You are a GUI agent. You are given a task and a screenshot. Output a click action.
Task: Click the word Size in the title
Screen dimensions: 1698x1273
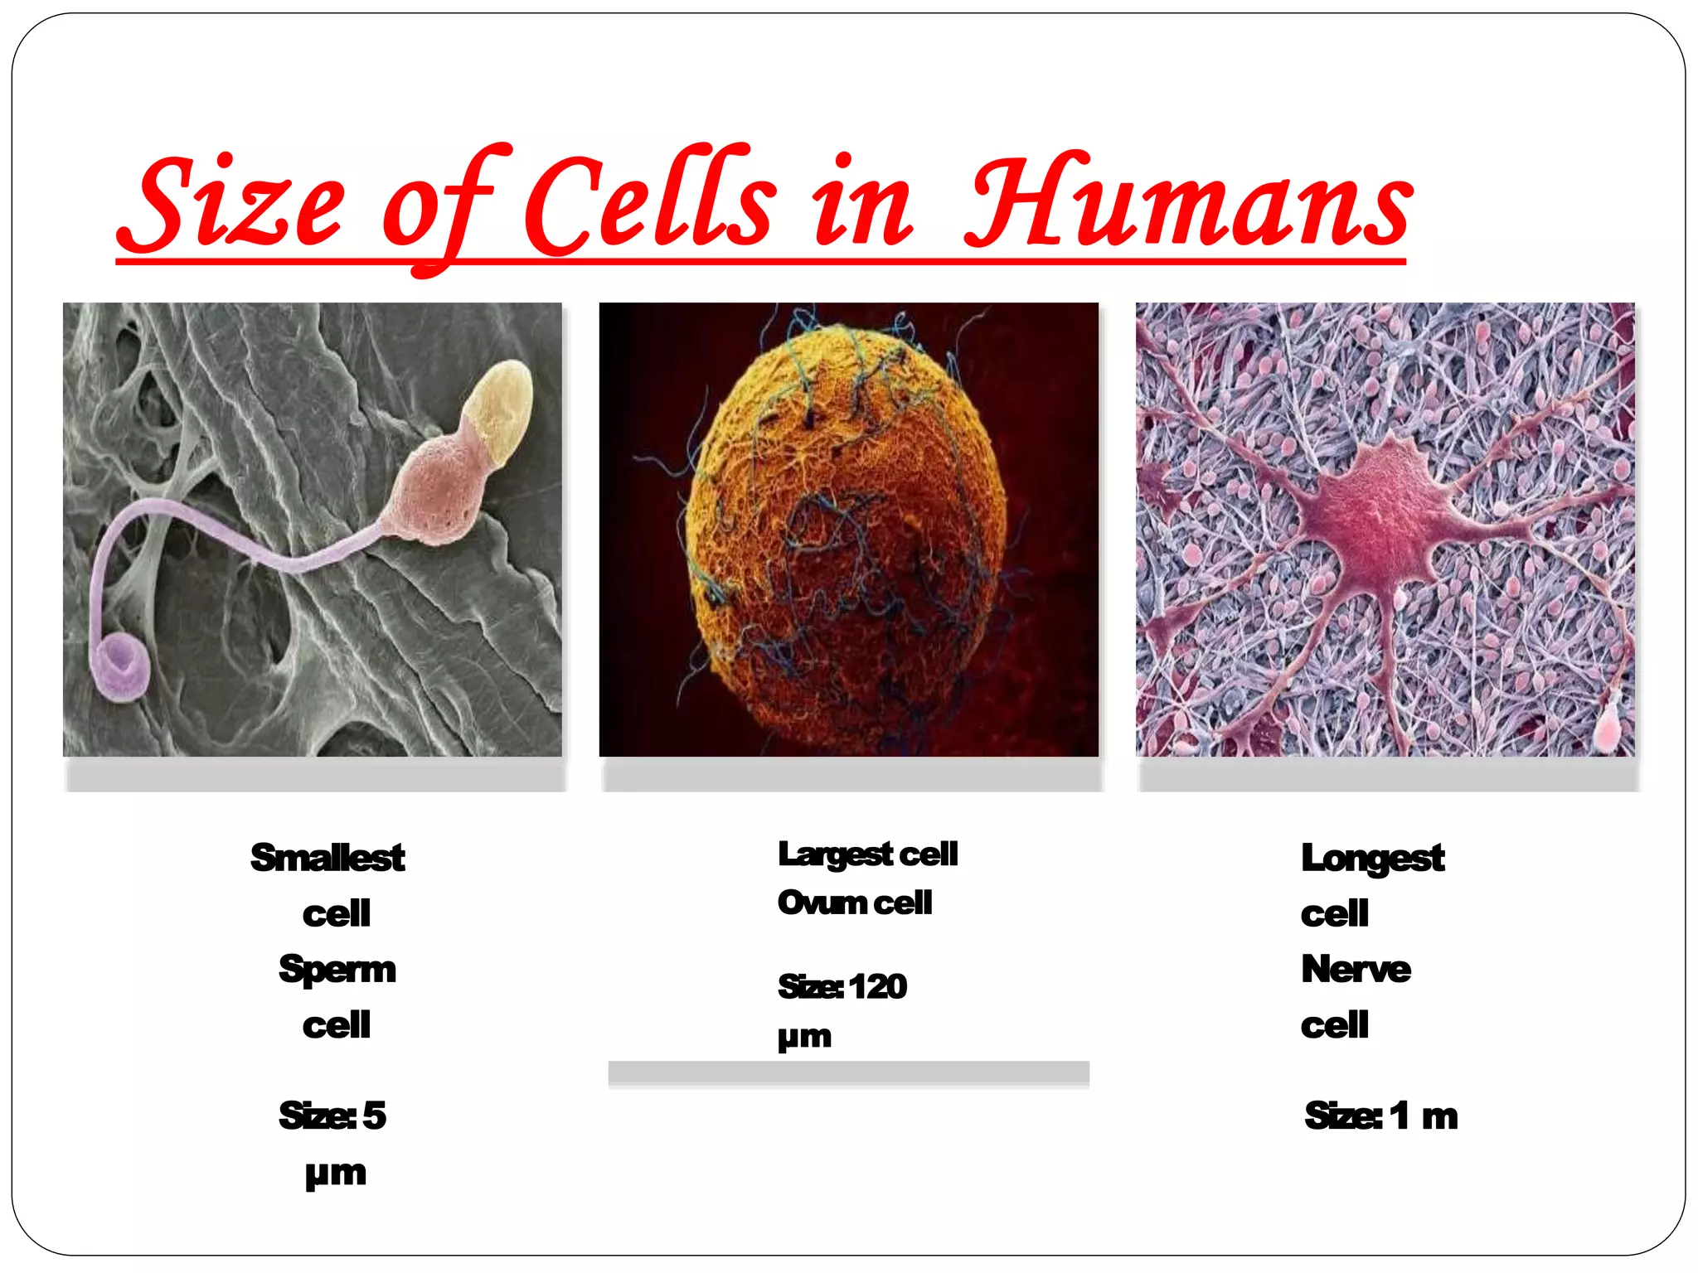coord(230,203)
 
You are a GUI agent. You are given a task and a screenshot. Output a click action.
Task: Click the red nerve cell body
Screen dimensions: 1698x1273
coord(1376,518)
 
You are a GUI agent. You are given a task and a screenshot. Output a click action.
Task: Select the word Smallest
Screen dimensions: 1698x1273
coord(327,858)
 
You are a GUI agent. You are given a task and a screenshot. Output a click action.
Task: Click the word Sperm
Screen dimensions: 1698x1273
coord(337,970)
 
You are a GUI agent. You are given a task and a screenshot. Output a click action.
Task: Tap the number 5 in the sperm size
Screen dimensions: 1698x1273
coord(375,1116)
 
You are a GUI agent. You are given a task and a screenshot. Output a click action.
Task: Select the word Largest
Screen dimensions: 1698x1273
coord(835,854)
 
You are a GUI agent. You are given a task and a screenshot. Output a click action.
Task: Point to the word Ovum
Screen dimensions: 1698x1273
coord(822,903)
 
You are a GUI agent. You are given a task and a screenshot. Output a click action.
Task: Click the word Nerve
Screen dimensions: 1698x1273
coord(1356,969)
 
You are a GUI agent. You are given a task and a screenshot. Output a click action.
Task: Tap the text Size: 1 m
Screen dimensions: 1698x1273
coord(1381,1116)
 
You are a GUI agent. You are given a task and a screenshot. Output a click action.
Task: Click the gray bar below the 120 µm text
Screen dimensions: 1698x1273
coord(848,1073)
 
